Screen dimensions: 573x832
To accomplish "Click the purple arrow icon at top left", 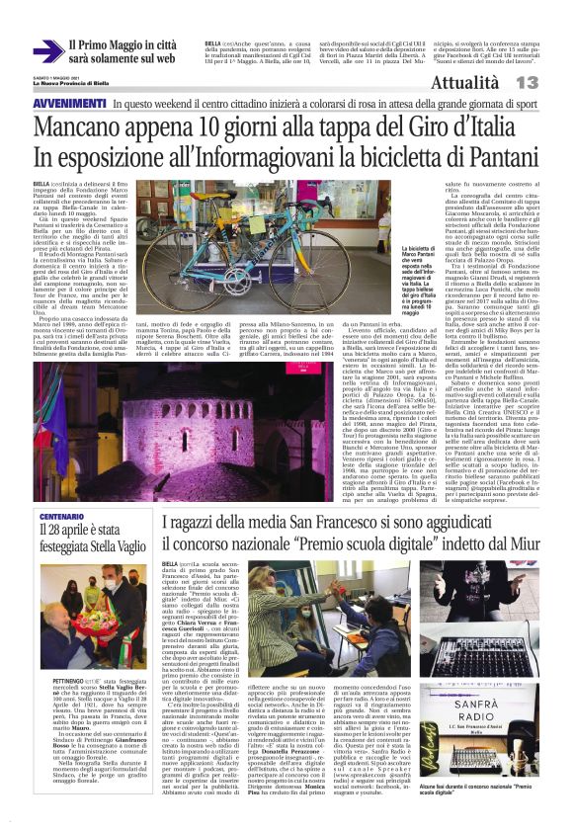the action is click(x=45, y=51).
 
